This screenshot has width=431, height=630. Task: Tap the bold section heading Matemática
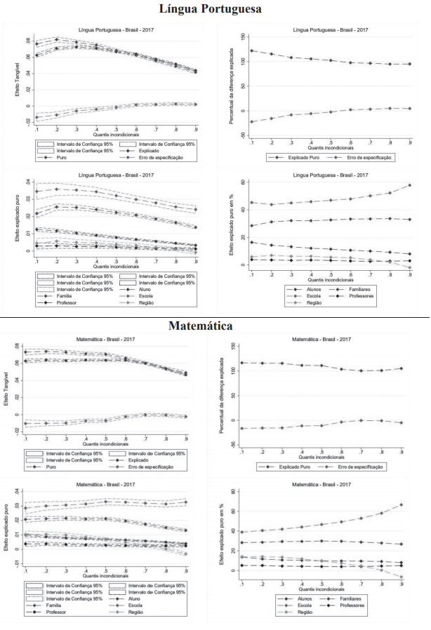tap(200, 326)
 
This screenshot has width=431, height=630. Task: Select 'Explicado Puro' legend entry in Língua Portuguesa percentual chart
tap(291, 158)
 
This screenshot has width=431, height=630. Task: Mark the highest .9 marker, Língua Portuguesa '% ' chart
tap(409, 185)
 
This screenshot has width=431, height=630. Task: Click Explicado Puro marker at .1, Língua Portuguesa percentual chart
tap(252, 51)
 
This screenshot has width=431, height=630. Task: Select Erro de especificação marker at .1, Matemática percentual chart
tap(242, 428)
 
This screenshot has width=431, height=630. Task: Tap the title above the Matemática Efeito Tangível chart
tap(107, 339)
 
